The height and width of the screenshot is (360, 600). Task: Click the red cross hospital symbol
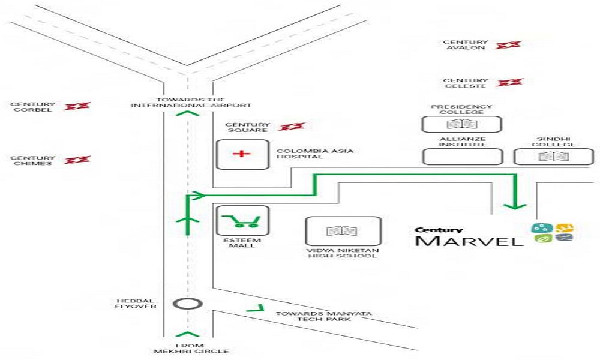(x=242, y=154)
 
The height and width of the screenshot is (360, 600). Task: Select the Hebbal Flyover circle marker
(x=187, y=304)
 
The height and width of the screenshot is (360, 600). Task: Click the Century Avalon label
(x=466, y=45)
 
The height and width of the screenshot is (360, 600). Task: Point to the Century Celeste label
(x=466, y=83)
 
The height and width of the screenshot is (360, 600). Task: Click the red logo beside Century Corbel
(x=77, y=106)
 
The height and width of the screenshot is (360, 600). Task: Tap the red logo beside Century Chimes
(x=77, y=160)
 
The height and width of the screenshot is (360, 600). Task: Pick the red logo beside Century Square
(x=292, y=126)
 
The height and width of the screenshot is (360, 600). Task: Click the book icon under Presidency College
(x=462, y=124)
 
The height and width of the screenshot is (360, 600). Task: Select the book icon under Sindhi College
(x=553, y=157)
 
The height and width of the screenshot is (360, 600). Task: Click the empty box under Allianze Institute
(x=462, y=157)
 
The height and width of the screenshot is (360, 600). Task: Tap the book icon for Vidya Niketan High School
(x=342, y=230)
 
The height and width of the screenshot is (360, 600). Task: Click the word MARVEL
(x=469, y=241)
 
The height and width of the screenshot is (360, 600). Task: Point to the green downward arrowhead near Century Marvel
(x=515, y=206)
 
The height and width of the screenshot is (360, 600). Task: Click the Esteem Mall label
(x=242, y=243)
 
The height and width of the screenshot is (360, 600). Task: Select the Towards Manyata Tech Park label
(x=324, y=316)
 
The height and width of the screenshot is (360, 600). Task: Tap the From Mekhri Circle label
(x=191, y=348)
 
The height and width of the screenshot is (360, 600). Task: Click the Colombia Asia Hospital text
(x=315, y=154)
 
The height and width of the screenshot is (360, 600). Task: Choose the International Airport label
(x=191, y=105)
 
